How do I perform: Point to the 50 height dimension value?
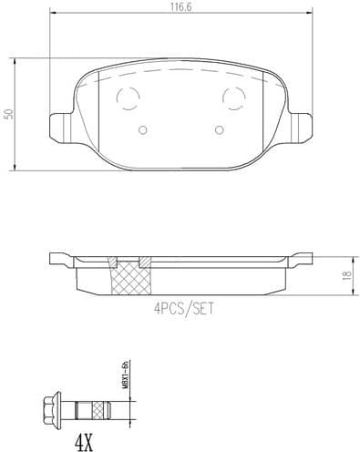pyautogui.click(x=8, y=114)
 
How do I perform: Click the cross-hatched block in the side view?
pyautogui.click(x=130, y=276)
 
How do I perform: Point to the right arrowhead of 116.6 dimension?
pyautogui.click(x=310, y=15)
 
